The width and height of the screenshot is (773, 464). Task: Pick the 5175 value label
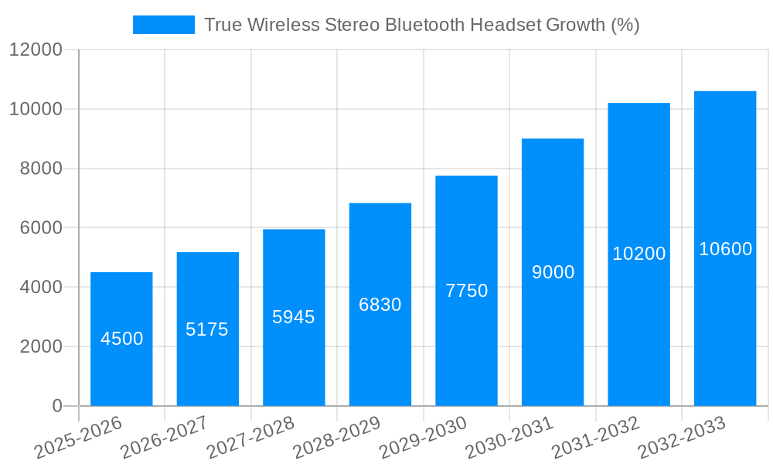click(x=207, y=329)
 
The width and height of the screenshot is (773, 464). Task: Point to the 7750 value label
click(x=466, y=291)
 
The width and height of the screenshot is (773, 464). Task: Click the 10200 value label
click(x=638, y=254)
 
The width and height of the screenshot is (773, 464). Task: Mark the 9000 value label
click(x=553, y=272)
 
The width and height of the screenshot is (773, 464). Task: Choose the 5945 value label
click(x=294, y=317)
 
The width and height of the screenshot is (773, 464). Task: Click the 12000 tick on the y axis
click(x=36, y=50)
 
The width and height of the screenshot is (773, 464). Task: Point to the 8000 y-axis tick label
click(x=41, y=169)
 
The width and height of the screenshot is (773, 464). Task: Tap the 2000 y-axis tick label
click(x=41, y=346)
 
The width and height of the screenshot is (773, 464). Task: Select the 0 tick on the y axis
click(x=57, y=406)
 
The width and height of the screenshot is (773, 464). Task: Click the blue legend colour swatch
click(x=163, y=25)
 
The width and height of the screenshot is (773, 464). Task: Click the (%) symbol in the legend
click(x=625, y=25)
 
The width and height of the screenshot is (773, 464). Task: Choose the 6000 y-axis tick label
click(x=41, y=228)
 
